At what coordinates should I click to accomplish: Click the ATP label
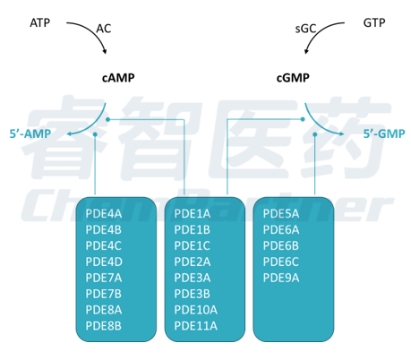pyautogui.click(x=40, y=22)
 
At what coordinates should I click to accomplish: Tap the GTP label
pyautogui.click(x=374, y=22)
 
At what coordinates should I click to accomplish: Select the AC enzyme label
pyautogui.click(x=104, y=29)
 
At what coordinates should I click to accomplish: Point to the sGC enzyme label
pyautogui.click(x=305, y=29)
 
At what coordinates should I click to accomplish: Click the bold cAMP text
pyautogui.click(x=118, y=78)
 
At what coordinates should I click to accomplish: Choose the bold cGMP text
pyautogui.click(x=293, y=78)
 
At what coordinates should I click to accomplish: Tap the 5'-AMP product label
pyautogui.click(x=30, y=133)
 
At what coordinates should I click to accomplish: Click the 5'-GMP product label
pyautogui.click(x=384, y=133)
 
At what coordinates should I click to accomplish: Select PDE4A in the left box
pyautogui.click(x=104, y=214)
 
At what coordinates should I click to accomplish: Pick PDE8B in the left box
pyautogui.click(x=104, y=326)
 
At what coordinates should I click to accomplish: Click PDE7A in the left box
pyautogui.click(x=104, y=278)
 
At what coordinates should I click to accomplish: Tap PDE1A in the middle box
pyautogui.click(x=193, y=214)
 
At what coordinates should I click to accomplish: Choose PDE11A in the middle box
pyautogui.click(x=195, y=326)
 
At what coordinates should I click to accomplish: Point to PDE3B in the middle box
pyautogui.click(x=193, y=294)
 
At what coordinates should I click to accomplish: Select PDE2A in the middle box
pyautogui.click(x=193, y=261)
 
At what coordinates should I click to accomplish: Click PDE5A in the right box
pyautogui.click(x=281, y=214)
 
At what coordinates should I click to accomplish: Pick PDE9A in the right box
pyautogui.click(x=281, y=278)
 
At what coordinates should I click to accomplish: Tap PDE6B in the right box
pyautogui.click(x=281, y=246)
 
